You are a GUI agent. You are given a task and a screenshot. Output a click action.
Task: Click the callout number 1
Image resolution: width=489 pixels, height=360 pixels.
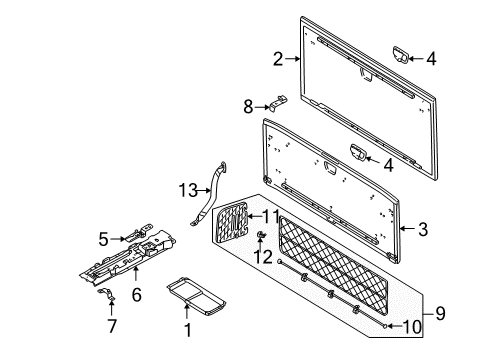coord(188,330)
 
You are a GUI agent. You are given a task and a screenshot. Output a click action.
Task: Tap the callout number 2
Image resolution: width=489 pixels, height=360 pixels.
coord(278,59)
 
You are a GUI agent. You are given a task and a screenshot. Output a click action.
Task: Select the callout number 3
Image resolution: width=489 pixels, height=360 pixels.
coord(423,229)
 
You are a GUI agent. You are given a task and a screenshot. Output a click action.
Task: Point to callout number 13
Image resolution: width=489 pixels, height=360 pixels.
coord(188,190)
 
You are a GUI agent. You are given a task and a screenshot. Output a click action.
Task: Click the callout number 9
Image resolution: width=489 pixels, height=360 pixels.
coord(440,313)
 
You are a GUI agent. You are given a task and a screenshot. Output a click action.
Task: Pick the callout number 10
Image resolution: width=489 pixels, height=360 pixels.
coord(412,327)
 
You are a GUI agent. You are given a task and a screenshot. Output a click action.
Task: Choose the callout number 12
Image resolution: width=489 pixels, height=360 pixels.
coord(263,257)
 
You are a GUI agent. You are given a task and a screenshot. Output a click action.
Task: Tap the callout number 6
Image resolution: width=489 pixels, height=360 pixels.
coord(137,295)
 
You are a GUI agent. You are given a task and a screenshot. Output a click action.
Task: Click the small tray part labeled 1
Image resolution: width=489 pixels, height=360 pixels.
coord(196,296)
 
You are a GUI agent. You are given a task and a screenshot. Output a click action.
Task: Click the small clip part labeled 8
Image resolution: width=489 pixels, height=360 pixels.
coord(278,103)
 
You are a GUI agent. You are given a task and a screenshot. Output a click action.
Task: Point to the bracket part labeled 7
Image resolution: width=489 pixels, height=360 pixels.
coord(107,294)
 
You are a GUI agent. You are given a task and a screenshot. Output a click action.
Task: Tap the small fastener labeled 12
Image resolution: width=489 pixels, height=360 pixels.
coord(260,234)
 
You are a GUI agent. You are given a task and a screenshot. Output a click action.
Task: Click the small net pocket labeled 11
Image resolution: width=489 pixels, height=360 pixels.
coord(232,222)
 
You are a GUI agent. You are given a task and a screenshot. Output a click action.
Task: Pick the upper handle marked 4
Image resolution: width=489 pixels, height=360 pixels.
coord(400,55)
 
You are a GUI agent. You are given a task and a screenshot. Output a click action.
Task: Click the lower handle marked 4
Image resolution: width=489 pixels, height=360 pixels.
coord(358,153)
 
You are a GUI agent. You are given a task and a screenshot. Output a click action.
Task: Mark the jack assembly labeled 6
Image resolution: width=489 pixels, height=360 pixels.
coord(128,258)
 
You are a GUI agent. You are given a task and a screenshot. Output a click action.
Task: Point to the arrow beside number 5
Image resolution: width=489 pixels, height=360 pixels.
coord(118,239)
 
